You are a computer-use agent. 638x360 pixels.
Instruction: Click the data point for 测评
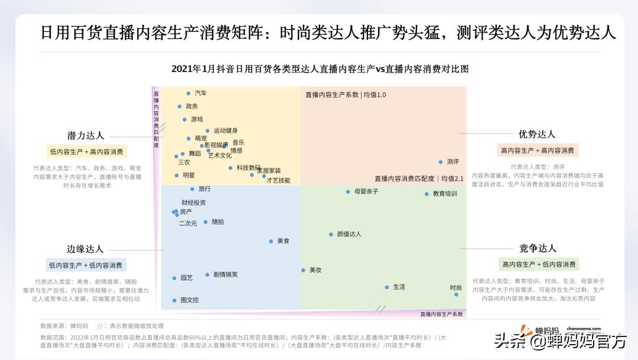(441, 161)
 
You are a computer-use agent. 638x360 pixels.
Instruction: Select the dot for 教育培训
(427, 194)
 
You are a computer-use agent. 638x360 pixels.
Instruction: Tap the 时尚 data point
(456, 294)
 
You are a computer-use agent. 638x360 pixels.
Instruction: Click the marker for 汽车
(188, 93)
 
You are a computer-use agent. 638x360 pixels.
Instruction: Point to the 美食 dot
(271, 241)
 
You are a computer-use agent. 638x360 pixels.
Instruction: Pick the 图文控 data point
(174, 300)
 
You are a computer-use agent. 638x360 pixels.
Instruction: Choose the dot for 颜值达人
(331, 234)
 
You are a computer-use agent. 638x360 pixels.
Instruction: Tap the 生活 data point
(387, 287)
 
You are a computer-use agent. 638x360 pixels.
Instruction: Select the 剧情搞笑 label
(225, 274)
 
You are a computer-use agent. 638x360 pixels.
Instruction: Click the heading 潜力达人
(85, 135)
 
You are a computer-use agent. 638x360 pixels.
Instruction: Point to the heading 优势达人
(537, 134)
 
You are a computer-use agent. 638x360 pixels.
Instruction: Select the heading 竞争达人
(538, 248)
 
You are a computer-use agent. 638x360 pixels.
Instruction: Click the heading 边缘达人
(85, 249)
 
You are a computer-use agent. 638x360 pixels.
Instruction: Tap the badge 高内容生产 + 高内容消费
(537, 151)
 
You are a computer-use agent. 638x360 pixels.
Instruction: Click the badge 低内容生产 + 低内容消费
(86, 265)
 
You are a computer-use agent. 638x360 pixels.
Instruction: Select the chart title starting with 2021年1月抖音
(320, 69)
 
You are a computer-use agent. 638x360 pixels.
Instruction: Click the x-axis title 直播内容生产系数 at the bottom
(441, 314)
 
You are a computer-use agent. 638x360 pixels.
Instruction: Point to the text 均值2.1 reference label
(453, 178)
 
